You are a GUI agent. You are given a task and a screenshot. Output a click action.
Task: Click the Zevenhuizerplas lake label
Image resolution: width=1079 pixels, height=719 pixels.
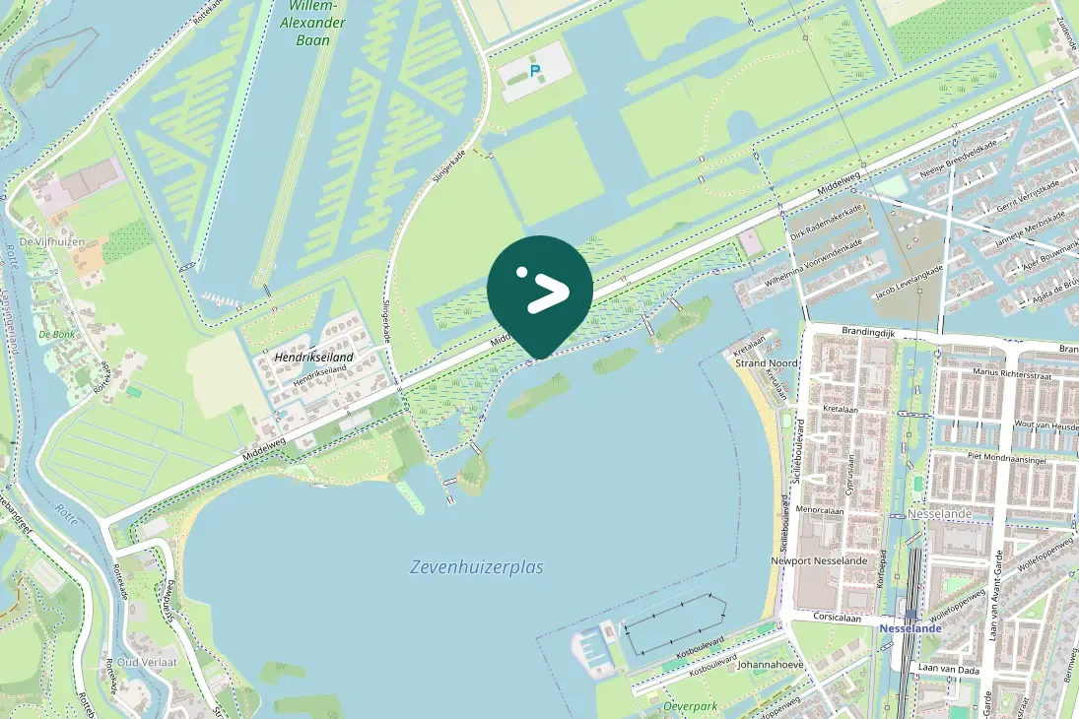[476, 567]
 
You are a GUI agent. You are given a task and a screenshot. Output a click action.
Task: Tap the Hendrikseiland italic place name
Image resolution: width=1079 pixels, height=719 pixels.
[314, 357]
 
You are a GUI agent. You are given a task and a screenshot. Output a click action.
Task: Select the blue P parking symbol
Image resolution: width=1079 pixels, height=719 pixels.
[535, 71]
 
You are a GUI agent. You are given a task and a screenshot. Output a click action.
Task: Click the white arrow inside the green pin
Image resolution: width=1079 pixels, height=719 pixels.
[547, 293]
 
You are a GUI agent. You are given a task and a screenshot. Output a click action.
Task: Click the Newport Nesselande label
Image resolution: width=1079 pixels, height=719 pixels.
[819, 560]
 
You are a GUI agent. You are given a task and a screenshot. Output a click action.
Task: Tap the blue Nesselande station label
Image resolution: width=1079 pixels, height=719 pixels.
[910, 627]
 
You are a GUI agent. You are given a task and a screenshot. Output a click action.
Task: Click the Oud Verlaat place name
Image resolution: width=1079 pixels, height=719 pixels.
[147, 662]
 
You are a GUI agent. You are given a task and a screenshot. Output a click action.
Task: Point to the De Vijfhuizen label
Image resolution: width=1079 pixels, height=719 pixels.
[51, 241]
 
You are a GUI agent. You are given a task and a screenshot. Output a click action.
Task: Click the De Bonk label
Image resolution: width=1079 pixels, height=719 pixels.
[57, 334]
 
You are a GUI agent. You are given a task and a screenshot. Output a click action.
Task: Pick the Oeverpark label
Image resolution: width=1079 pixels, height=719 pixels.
[691, 706]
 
